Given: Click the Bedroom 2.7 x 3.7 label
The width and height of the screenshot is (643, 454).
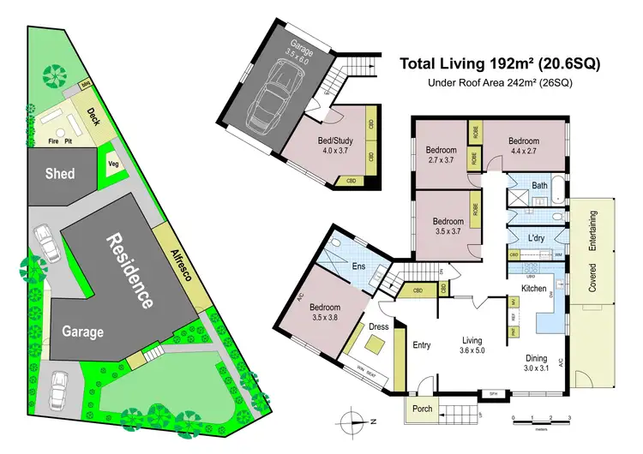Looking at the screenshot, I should point(443,155).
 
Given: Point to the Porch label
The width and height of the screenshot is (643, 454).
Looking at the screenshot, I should point(422,409).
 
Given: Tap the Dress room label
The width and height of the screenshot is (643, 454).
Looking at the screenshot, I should point(378,326).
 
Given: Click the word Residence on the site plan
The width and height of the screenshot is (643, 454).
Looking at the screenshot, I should point(129,270).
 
